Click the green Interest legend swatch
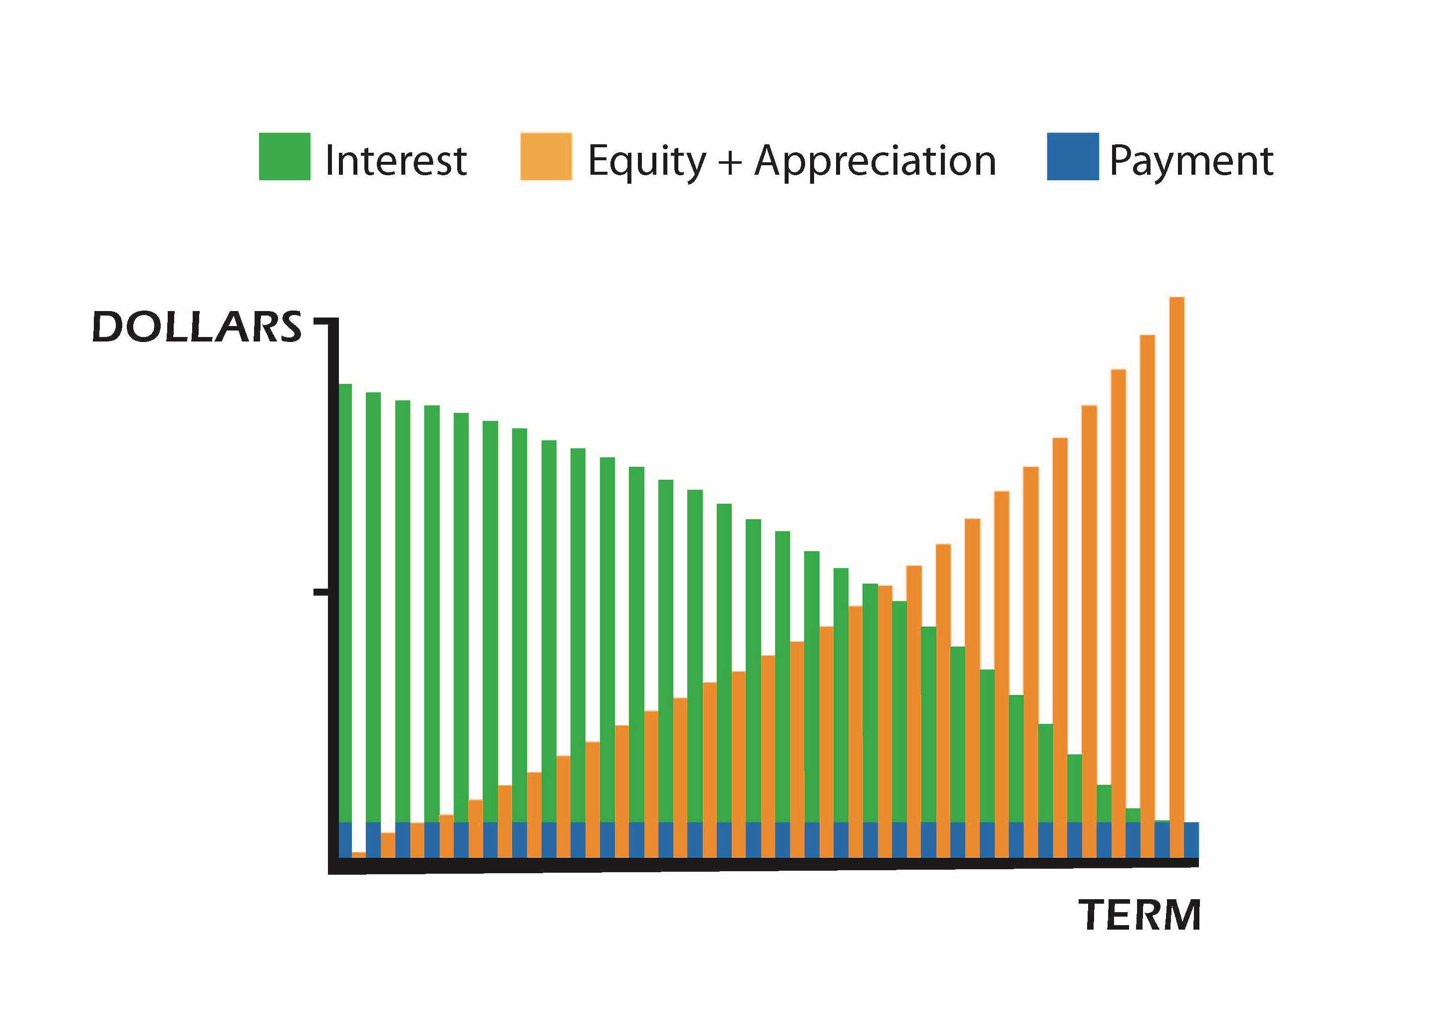285,157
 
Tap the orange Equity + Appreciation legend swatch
546,157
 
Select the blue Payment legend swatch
1072,157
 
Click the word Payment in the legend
1190,162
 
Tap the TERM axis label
1140,915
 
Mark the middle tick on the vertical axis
321,592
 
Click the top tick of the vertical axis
321,322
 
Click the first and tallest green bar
345,598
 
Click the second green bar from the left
374,604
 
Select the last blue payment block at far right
1191,839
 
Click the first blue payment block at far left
345,839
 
